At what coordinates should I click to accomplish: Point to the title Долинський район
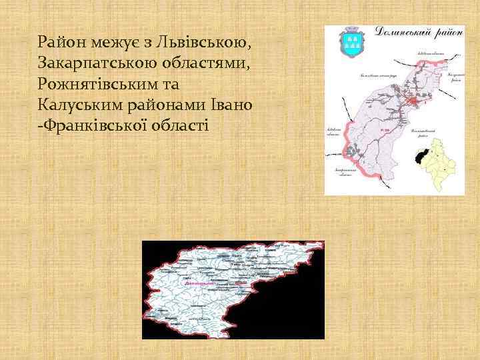(x=419, y=31)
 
